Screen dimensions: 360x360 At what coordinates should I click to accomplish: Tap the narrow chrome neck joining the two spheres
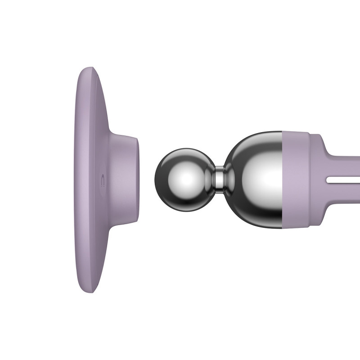(x=219, y=177)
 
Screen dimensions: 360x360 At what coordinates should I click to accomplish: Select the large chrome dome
(x=254, y=178)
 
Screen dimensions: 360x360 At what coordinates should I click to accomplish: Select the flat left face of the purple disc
(x=81, y=180)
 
